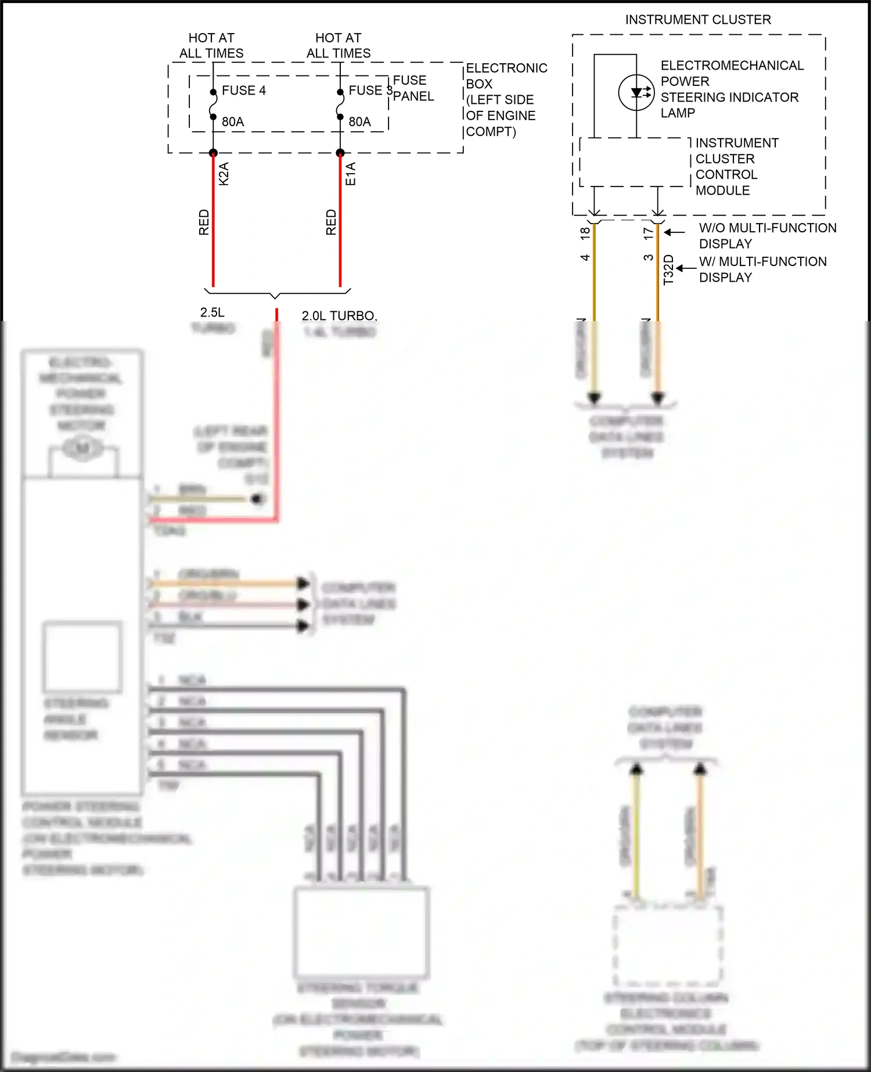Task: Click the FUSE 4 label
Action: click(244, 91)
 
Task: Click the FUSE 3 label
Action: click(370, 91)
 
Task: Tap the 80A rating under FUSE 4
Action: click(233, 122)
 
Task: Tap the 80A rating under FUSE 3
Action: click(359, 122)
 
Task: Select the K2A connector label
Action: click(224, 174)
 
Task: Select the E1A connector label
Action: click(351, 174)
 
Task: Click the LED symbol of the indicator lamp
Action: click(637, 92)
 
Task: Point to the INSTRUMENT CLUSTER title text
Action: click(698, 20)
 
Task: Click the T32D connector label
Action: click(668, 269)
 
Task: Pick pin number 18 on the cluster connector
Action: click(585, 233)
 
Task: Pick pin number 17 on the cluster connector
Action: click(649, 233)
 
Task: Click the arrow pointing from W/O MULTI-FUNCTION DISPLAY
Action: click(675, 232)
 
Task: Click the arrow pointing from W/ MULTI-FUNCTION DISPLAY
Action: click(686, 268)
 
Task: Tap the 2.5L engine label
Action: click(212, 312)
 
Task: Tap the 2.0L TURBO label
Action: click(339, 316)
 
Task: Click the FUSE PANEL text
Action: click(413, 88)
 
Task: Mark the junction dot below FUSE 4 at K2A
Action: click(213, 153)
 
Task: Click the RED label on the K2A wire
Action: click(204, 222)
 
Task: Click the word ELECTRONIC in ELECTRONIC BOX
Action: click(506, 68)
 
